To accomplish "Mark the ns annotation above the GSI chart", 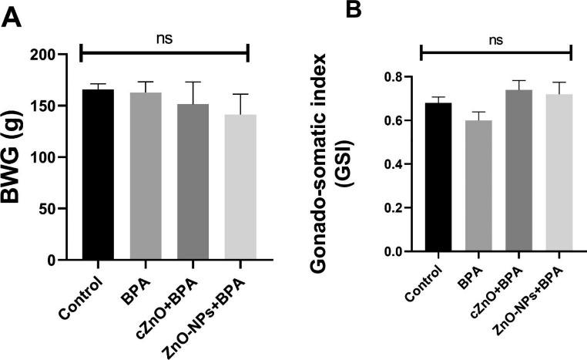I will [x=497, y=40].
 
